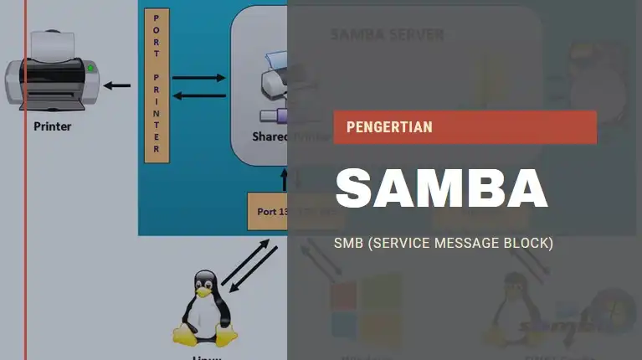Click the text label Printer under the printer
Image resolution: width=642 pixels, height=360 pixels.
click(52, 127)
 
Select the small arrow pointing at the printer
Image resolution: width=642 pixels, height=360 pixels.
click(117, 85)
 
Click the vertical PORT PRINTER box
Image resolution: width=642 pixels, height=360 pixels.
click(157, 85)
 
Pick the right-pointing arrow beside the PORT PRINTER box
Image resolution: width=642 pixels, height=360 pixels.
click(198, 78)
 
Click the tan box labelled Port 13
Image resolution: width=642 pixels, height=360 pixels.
click(268, 211)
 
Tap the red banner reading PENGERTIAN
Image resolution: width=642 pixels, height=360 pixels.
click(465, 127)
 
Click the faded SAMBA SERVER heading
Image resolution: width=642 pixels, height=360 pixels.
click(387, 35)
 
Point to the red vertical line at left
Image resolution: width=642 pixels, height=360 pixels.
click(25, 251)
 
